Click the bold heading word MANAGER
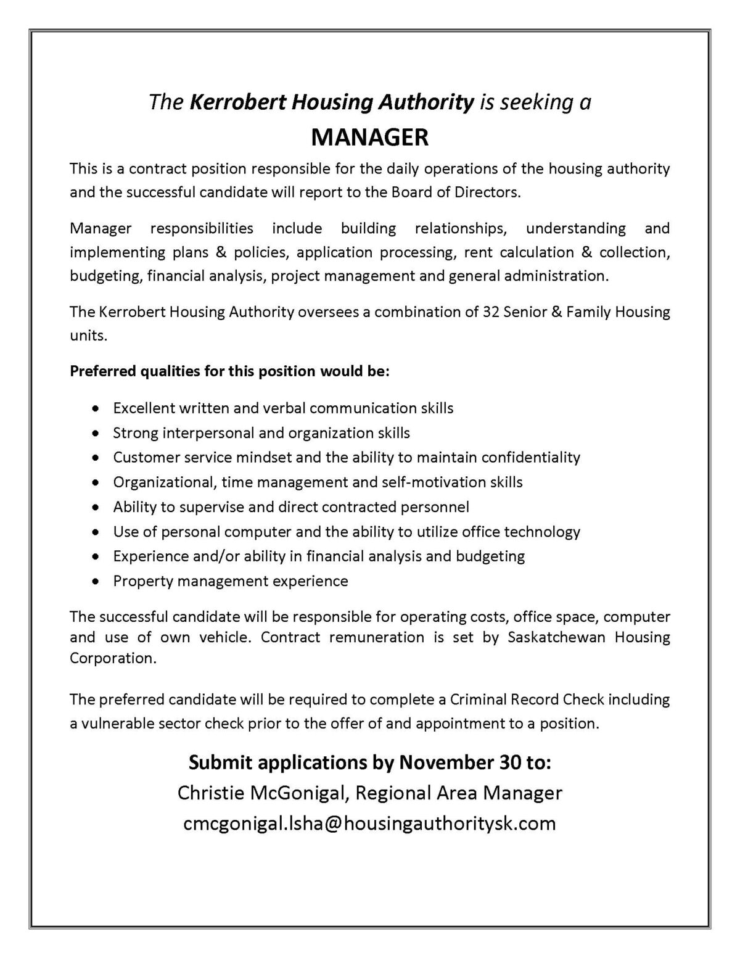pos(369,137)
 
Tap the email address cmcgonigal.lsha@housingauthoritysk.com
pos(369,823)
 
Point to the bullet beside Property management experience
pos(95,581)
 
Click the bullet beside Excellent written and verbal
pos(95,408)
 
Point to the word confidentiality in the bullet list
pos(530,458)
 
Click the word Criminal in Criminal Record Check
pos(473,700)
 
